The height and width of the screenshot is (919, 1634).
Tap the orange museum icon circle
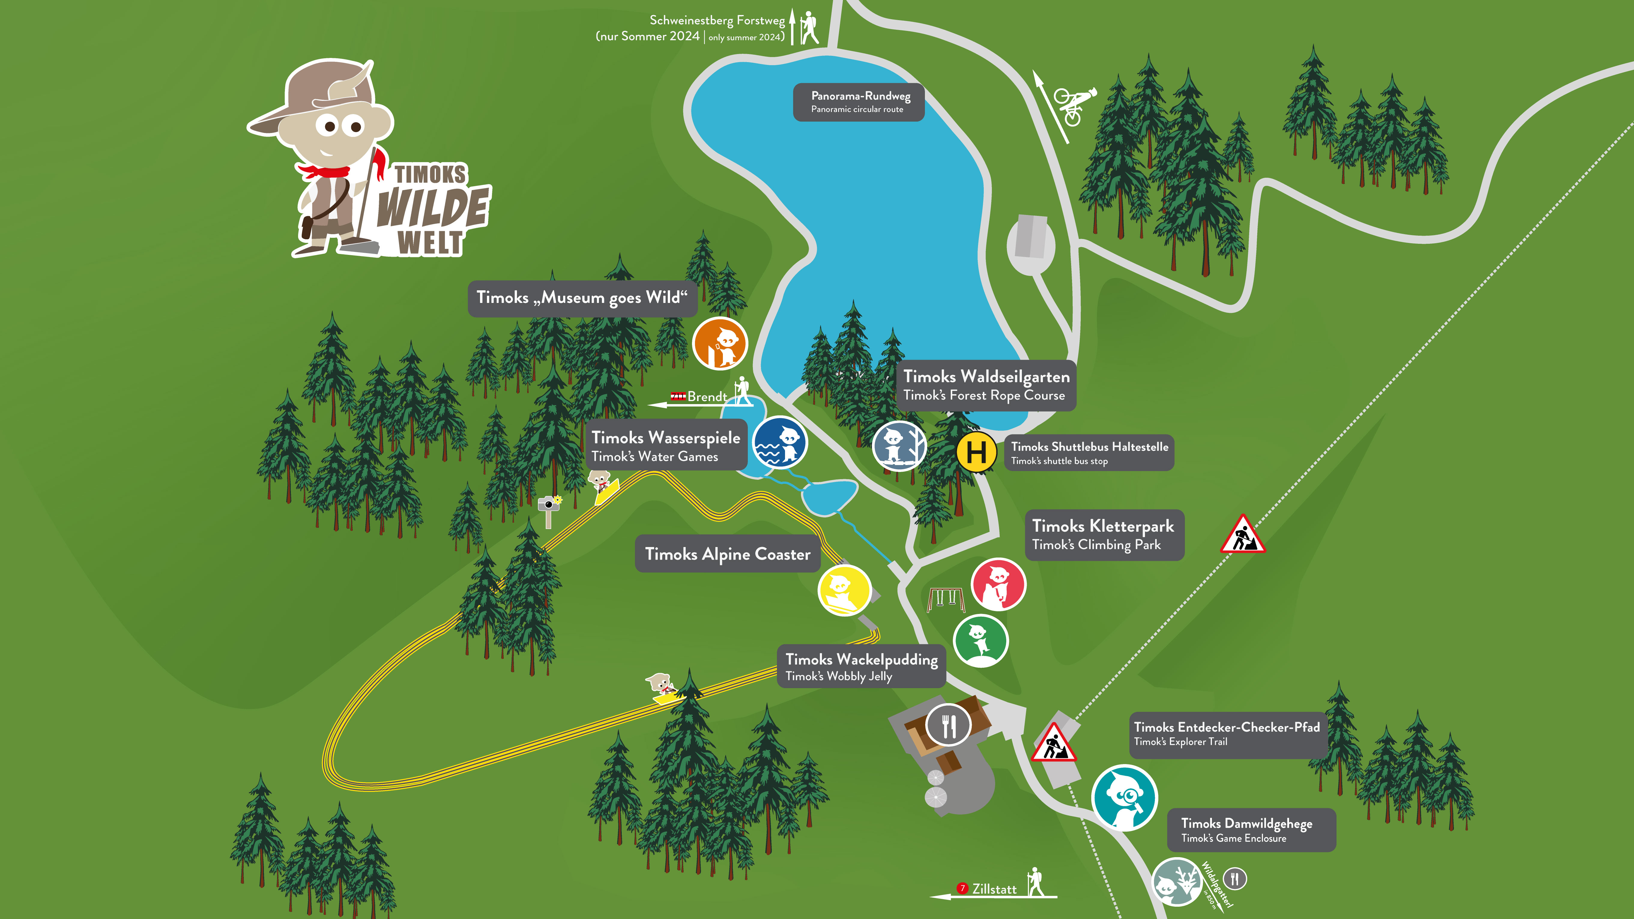[720, 344]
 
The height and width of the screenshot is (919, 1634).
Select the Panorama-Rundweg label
[859, 101]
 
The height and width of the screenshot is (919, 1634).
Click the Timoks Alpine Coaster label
[728, 554]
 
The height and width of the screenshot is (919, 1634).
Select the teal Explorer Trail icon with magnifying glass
[1124, 798]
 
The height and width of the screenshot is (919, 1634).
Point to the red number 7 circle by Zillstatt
[962, 888]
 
